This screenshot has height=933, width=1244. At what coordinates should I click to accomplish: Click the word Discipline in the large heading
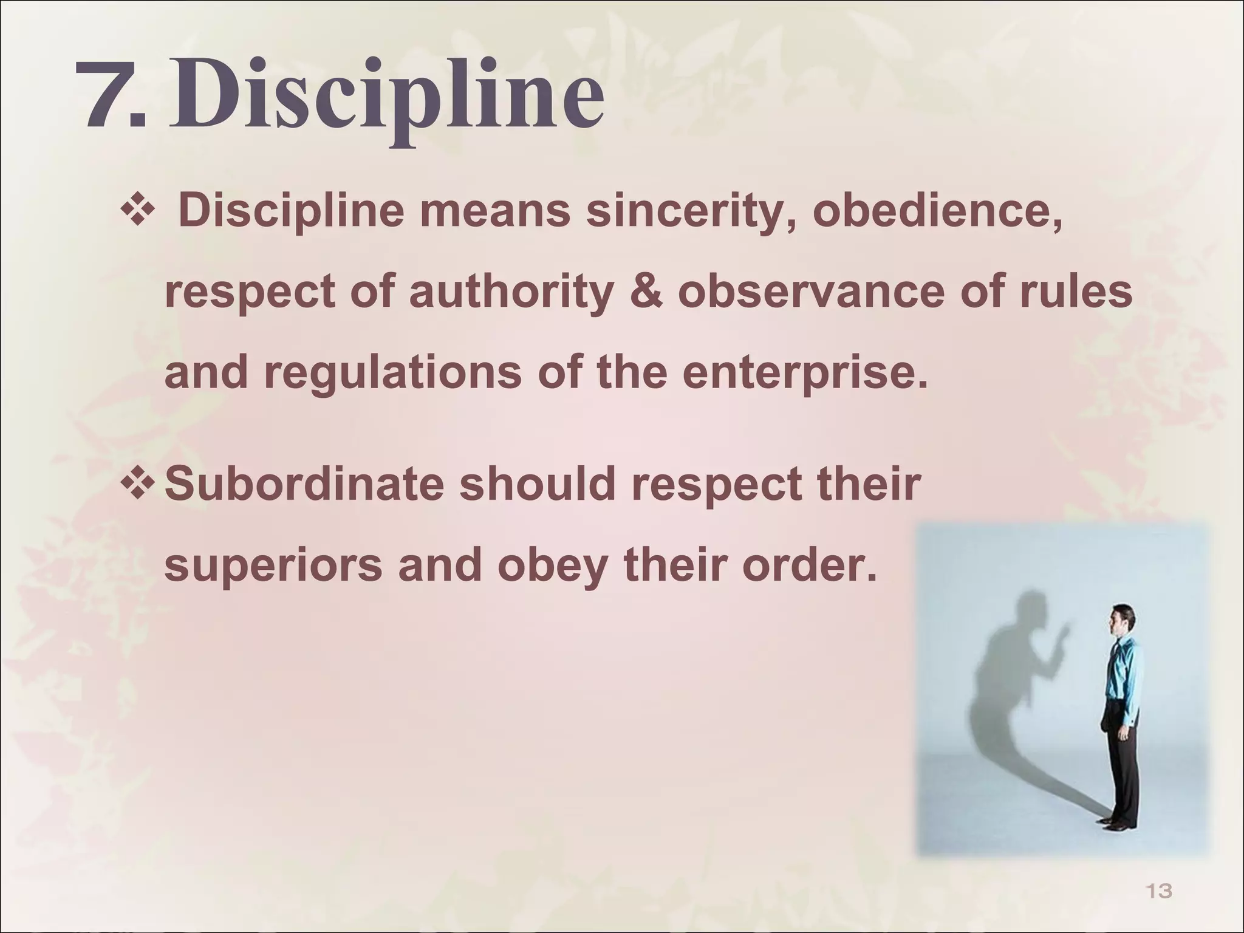[x=386, y=97]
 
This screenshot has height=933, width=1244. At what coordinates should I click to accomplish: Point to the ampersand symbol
[x=646, y=292]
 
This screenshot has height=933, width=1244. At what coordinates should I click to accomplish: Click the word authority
[x=510, y=292]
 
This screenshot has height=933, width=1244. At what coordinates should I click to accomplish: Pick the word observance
[x=812, y=292]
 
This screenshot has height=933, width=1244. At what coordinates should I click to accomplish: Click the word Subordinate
[x=304, y=484]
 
